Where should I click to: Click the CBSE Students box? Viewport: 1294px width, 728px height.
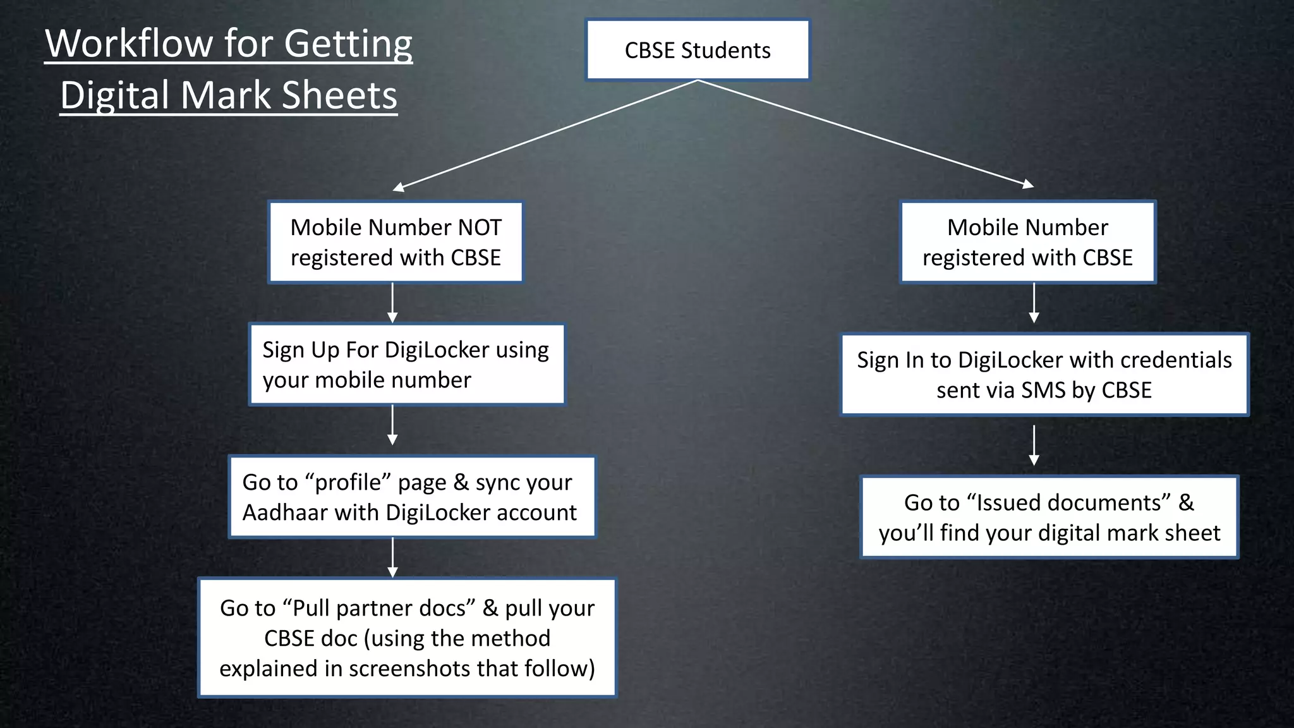point(698,50)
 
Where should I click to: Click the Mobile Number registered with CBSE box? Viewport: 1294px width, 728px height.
point(1027,242)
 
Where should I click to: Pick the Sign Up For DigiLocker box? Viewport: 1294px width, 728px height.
point(406,365)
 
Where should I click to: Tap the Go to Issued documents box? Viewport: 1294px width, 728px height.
point(1049,518)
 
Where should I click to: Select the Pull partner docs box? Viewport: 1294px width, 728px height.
point(407,638)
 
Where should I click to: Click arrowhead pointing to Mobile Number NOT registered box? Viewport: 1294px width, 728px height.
point(399,186)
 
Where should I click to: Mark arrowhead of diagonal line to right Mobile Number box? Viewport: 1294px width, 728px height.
point(1028,185)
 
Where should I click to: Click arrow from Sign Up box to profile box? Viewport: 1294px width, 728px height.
point(392,425)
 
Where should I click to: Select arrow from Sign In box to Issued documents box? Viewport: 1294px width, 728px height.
point(1034,445)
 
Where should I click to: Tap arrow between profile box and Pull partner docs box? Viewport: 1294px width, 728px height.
point(392,557)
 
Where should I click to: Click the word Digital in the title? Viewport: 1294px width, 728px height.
point(115,95)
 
